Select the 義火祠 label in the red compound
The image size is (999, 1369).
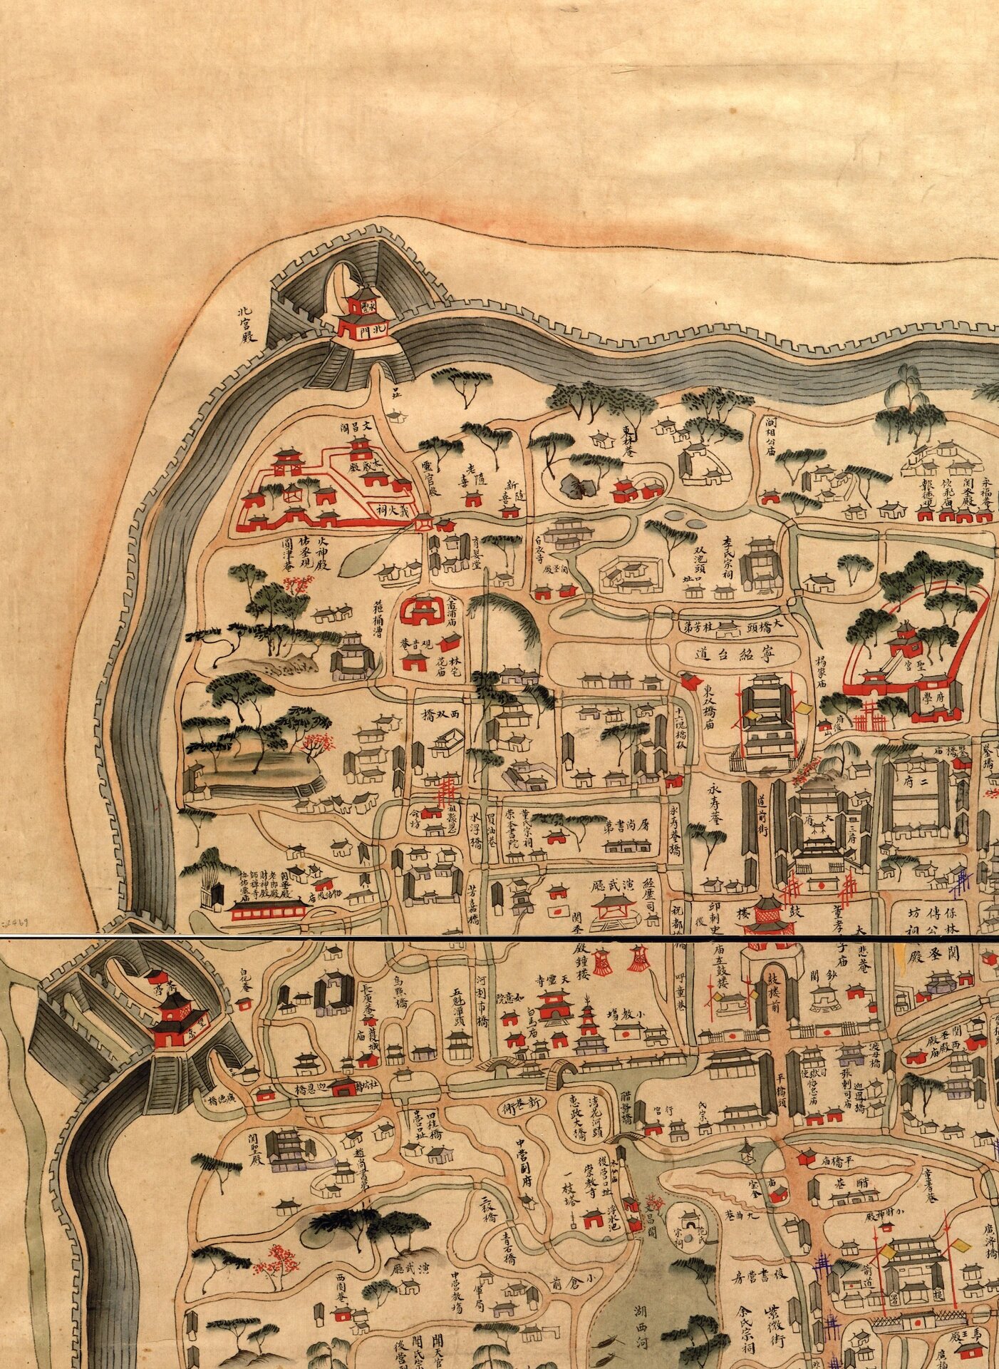pyautogui.click(x=391, y=511)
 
